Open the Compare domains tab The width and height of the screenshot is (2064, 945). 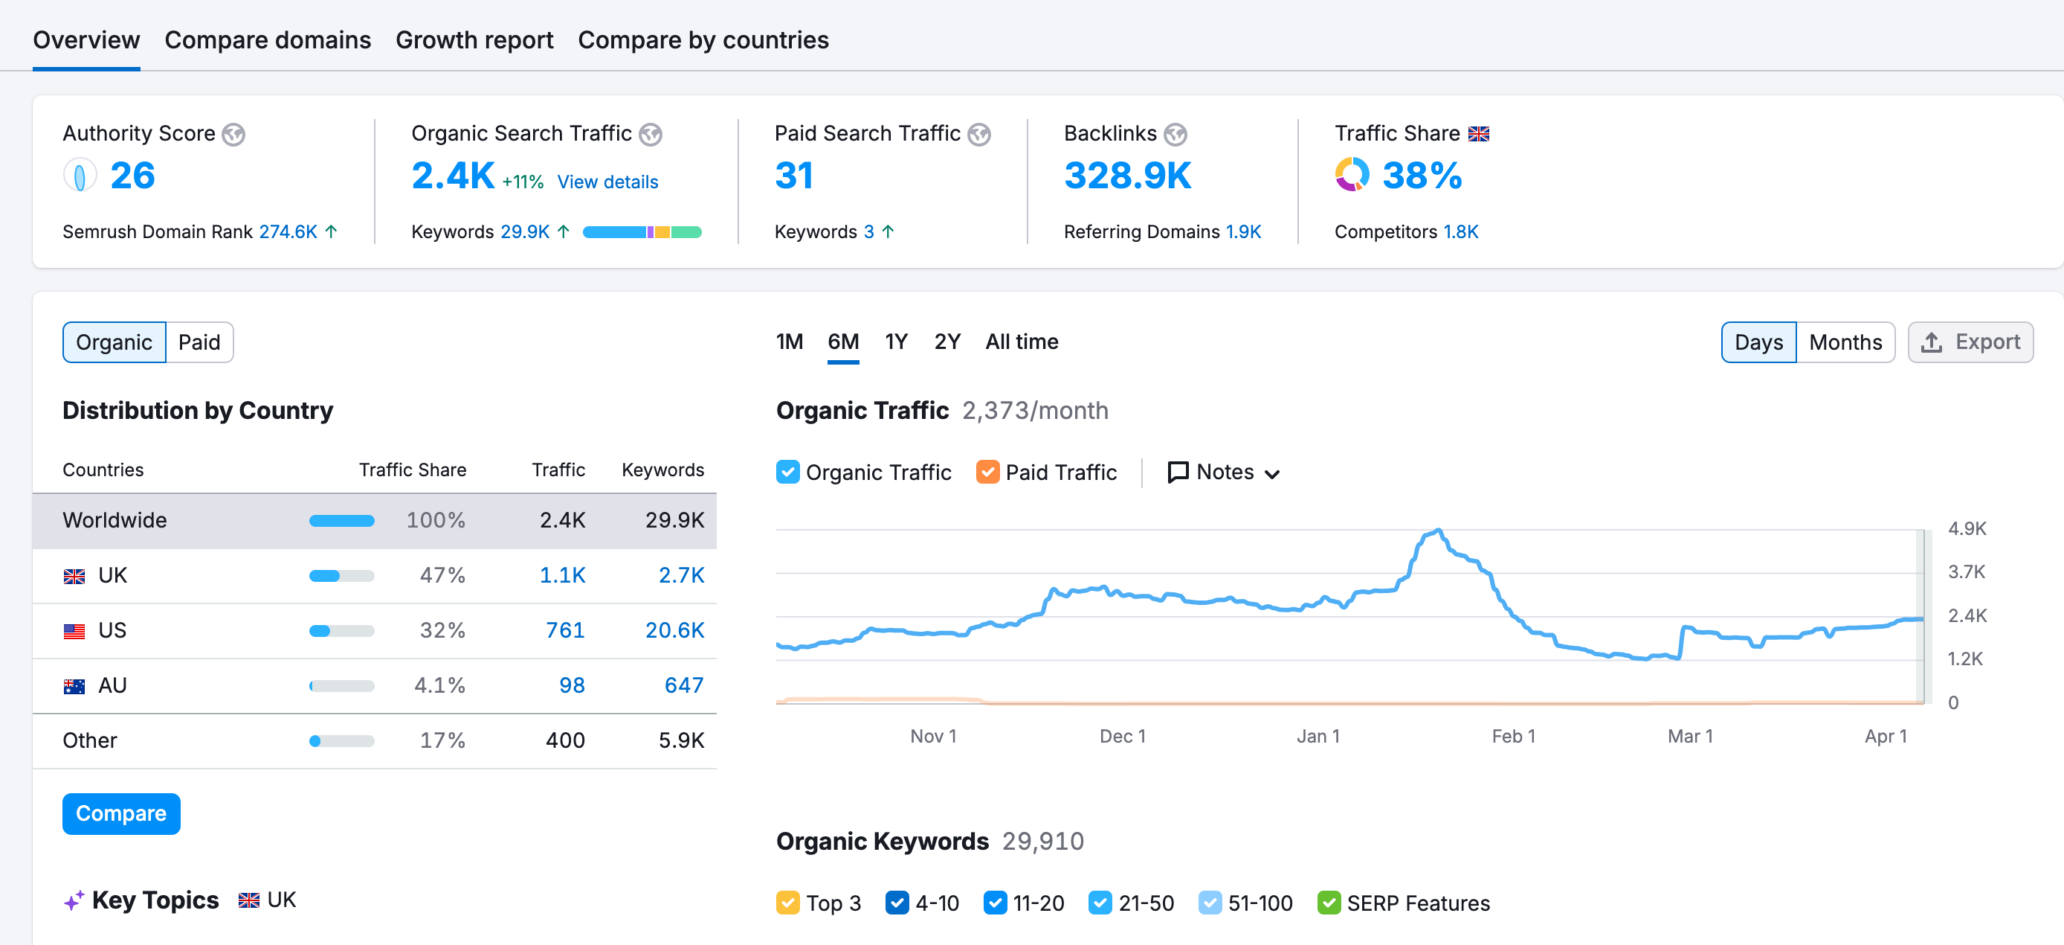pyautogui.click(x=268, y=40)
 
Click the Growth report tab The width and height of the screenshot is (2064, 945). pyautogui.click(x=474, y=40)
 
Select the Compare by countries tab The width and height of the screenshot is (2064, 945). pyautogui.click(x=703, y=40)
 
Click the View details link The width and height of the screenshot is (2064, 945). pyautogui.click(x=607, y=182)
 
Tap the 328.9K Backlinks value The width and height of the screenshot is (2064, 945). pyautogui.click(x=1127, y=176)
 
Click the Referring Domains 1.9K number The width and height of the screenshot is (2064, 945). pyautogui.click(x=1242, y=231)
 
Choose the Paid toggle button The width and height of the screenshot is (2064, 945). pyautogui.click(x=199, y=342)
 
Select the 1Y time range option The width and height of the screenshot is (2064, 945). pyautogui.click(x=896, y=342)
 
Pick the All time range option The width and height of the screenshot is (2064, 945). pyautogui.click(x=1022, y=342)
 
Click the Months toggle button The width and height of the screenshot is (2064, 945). pyautogui.click(x=1845, y=342)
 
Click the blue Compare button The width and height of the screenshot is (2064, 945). pyautogui.click(x=121, y=813)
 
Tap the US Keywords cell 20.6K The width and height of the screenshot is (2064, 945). pyautogui.click(x=674, y=630)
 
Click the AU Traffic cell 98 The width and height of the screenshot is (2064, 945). pyautogui.click(x=571, y=685)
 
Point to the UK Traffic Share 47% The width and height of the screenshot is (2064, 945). pyautogui.click(x=442, y=575)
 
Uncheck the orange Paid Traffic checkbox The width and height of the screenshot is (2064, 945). pyautogui.click(x=987, y=472)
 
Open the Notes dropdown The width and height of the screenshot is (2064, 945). pyautogui.click(x=1224, y=472)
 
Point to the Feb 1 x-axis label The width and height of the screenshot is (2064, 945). pyautogui.click(x=1513, y=736)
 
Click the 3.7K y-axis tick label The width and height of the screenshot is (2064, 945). pyautogui.click(x=1967, y=572)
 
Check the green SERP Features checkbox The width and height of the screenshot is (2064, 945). pyautogui.click(x=1329, y=903)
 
